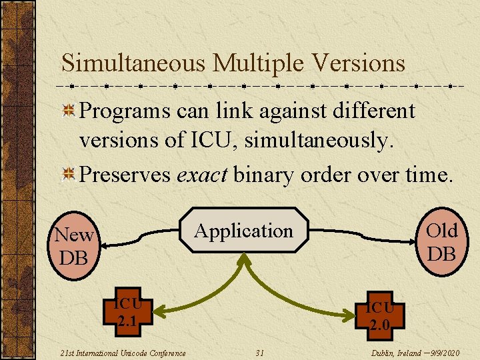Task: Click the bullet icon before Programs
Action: click(x=68, y=111)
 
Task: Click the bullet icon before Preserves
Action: click(x=68, y=175)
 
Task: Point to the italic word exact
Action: click(x=201, y=175)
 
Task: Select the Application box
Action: click(x=243, y=231)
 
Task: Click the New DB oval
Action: click(x=73, y=245)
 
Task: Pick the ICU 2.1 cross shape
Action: click(x=127, y=314)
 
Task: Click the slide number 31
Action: click(x=260, y=353)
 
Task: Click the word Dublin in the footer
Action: click(x=383, y=353)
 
